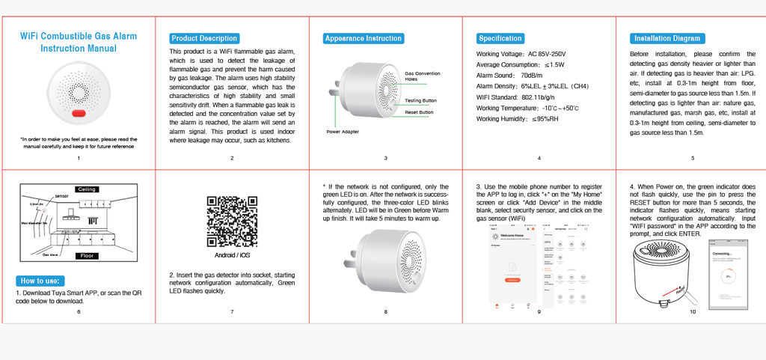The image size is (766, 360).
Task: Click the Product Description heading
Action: [x=204, y=38]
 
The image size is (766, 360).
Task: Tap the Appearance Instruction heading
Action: [x=364, y=38]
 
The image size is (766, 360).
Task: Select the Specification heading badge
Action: [x=500, y=38]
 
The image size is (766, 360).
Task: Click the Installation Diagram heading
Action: [x=667, y=38]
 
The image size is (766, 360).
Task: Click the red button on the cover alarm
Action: [x=79, y=113]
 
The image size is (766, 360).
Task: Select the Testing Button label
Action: [x=420, y=100]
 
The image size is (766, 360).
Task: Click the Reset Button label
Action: [x=419, y=112]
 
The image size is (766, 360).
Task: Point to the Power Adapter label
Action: [x=343, y=132]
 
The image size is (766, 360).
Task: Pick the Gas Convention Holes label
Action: [x=423, y=76]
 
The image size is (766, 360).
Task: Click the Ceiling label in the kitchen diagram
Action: [x=86, y=189]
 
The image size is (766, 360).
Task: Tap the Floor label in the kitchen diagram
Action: [x=86, y=256]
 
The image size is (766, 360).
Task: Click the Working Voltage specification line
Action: [x=521, y=54]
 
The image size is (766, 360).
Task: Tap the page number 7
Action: [x=232, y=311]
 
